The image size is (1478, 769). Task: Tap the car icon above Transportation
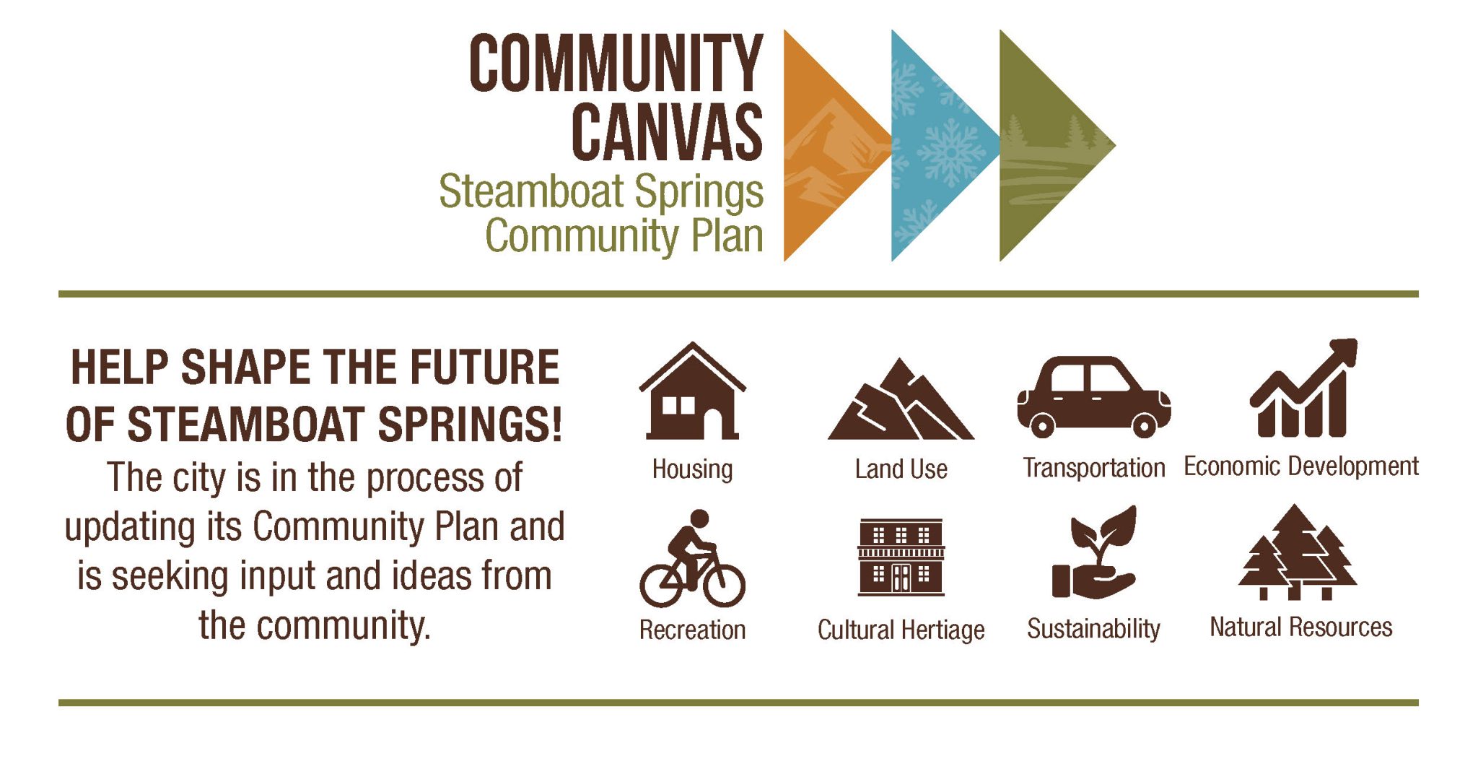coord(1093,397)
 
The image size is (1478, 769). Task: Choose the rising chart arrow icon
coord(1303,390)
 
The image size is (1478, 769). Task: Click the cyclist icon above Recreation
coord(692,560)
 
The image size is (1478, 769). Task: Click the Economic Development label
coord(1301,466)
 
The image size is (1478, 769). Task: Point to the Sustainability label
coord(1093,629)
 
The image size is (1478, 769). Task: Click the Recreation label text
coord(692,630)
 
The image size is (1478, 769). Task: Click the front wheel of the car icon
coord(1144,425)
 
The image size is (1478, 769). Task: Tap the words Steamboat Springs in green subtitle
coord(601,191)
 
